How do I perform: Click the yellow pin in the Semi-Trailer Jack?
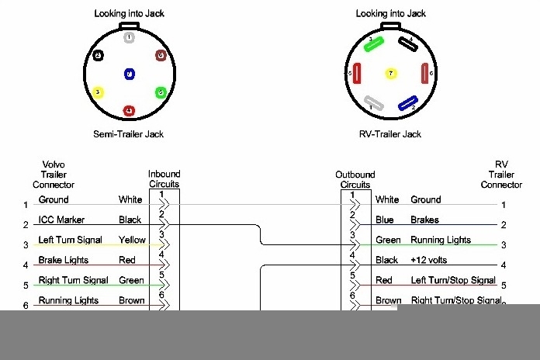coord(98,93)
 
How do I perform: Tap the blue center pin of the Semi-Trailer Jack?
coord(129,74)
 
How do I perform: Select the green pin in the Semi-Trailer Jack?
coord(160,93)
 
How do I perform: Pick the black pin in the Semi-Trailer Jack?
coord(98,56)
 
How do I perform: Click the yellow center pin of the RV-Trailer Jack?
coord(391,74)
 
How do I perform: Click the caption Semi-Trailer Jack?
coord(129,134)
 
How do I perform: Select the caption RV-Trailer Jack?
coord(391,134)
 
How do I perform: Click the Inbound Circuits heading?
coord(164,179)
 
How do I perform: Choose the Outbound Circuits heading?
coord(355,179)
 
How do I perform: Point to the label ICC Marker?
coord(62,220)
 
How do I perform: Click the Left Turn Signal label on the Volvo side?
coord(70,240)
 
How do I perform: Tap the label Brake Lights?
coord(64,260)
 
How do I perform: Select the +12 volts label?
coord(430,260)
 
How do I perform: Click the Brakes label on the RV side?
coord(424,220)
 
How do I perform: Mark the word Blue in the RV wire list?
coord(386,220)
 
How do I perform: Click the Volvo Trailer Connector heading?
coord(54,175)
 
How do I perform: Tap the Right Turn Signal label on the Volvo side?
coord(73,280)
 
